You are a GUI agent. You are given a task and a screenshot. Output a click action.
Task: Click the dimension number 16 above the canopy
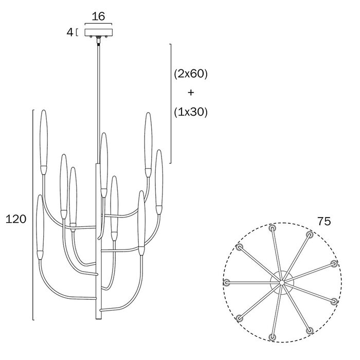98,16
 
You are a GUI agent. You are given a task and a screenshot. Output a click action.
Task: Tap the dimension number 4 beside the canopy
69,32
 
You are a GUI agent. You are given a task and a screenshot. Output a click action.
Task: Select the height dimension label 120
16,219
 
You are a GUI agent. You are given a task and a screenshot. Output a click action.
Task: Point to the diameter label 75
324,221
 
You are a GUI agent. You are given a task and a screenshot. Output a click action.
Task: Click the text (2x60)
191,74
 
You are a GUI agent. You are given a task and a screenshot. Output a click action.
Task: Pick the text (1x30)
191,112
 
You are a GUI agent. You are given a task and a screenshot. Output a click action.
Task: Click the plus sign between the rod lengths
191,93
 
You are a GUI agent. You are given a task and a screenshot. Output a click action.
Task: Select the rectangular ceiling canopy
99,32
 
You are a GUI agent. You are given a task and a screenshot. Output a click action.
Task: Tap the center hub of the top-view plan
282,283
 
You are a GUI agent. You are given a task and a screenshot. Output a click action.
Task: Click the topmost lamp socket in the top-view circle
273,228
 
